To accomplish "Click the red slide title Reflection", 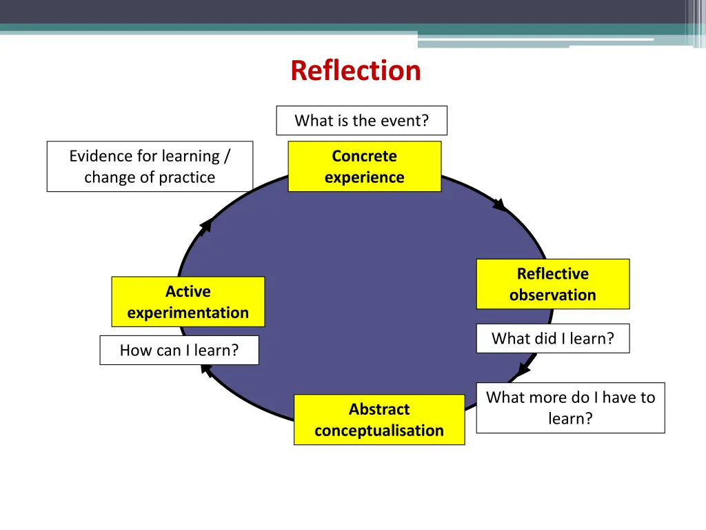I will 355,70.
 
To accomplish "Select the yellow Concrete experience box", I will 364,166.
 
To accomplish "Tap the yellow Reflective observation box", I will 552,284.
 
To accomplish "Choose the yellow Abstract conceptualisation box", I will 379,420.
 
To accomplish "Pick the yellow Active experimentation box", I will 188,302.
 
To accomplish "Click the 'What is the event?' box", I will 361,121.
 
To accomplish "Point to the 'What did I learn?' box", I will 552,338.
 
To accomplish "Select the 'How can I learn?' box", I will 179,350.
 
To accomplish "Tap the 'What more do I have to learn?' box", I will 570,408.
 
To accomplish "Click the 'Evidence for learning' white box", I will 150,166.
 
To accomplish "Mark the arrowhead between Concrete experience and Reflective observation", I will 499,204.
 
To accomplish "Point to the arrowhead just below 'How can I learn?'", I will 205,370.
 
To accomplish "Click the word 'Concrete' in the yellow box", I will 364,156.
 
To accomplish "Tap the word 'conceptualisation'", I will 379,431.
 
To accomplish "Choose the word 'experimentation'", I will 188,313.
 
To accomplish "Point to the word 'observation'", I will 552,295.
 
